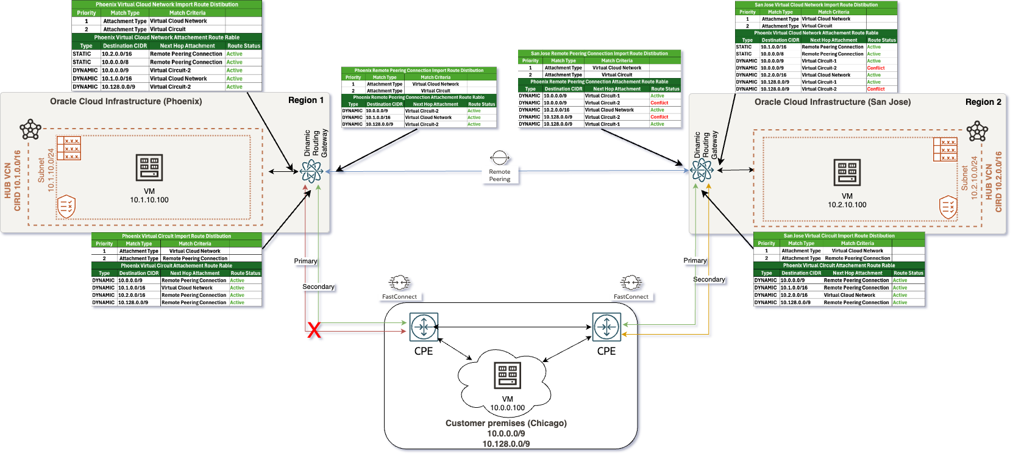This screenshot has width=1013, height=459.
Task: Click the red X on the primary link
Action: [314, 330]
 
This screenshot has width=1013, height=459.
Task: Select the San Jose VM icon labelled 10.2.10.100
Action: [847, 173]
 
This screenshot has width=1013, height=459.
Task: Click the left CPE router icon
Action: [424, 327]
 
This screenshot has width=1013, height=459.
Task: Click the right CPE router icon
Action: [606, 327]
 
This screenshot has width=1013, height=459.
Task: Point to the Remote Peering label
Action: [500, 176]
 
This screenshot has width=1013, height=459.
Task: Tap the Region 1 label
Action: [306, 101]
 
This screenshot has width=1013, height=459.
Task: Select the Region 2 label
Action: [983, 102]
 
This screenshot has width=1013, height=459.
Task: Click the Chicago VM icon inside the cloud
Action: [508, 375]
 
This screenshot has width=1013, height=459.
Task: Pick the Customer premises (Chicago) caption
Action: [506, 423]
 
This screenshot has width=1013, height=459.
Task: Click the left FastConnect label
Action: [399, 297]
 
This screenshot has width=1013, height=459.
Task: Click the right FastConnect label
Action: [631, 297]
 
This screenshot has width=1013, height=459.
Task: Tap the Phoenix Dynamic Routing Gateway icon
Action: [312, 172]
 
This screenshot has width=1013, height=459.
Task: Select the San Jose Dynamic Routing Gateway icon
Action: [702, 171]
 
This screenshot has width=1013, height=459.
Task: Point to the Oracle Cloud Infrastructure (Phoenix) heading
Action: [126, 101]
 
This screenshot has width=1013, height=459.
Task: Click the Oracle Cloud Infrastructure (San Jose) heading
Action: [833, 102]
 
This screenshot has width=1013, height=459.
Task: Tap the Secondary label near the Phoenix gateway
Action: [318, 286]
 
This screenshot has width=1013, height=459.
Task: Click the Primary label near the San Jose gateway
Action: [695, 260]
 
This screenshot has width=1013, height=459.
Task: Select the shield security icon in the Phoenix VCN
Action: [66, 207]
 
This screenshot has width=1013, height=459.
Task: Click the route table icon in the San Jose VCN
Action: [945, 150]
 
